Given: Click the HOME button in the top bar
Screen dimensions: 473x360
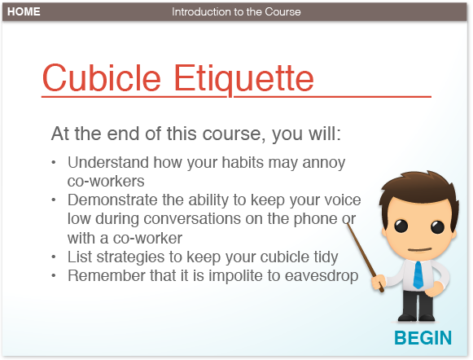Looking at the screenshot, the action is click(x=24, y=11).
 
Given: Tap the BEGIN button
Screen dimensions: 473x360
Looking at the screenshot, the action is click(x=423, y=338).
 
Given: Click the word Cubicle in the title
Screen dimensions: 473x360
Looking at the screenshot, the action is click(x=101, y=78).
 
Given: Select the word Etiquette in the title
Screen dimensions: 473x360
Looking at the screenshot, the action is click(x=244, y=79).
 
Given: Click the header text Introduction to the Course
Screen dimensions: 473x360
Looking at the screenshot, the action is click(x=236, y=11).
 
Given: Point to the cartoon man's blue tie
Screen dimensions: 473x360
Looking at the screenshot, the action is click(x=418, y=274).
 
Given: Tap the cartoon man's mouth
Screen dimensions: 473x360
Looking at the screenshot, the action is click(x=420, y=249).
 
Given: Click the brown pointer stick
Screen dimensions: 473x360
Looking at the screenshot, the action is click(x=365, y=257).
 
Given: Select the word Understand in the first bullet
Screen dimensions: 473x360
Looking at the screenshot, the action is click(x=108, y=162).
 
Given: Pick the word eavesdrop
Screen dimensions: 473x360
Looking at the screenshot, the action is click(x=322, y=276).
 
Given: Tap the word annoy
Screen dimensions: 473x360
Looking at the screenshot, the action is click(x=324, y=163).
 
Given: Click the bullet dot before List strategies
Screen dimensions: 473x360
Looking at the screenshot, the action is click(x=54, y=257).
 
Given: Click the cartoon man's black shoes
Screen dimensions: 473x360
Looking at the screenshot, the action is click(x=416, y=317).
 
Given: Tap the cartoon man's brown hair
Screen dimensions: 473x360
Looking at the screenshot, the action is click(x=419, y=187).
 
